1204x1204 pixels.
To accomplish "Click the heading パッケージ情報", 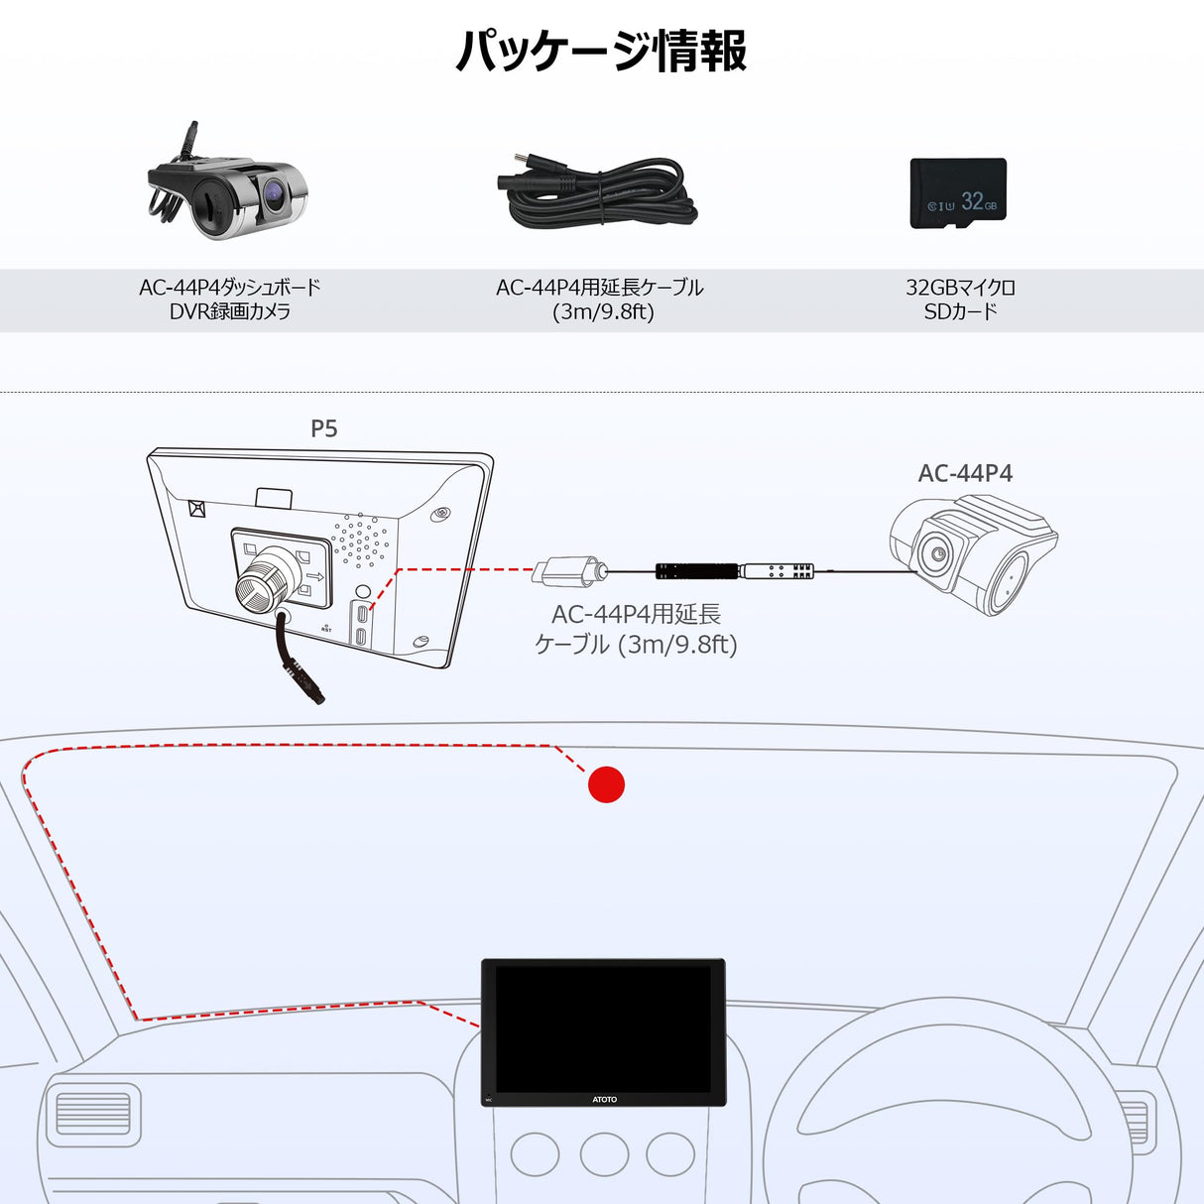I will click(x=601, y=52).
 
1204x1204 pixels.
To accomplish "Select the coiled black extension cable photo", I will click(x=598, y=192).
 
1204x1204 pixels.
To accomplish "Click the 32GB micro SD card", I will click(x=958, y=193).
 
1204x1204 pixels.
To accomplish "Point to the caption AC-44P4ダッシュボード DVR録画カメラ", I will click(x=230, y=300).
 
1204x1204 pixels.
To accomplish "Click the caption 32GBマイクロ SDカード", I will click(x=960, y=300).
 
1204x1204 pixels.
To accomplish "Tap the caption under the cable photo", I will click(x=600, y=300).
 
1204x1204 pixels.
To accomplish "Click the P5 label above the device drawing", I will click(x=324, y=428).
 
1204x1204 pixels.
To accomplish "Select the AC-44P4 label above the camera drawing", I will click(x=965, y=473).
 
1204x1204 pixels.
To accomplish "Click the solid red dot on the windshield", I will click(x=606, y=784).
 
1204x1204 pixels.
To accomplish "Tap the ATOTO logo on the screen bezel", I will click(x=604, y=1099).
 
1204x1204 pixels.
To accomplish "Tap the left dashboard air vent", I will click(x=93, y=1114).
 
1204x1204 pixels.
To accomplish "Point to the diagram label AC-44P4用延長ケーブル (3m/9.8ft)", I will click(x=636, y=629).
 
